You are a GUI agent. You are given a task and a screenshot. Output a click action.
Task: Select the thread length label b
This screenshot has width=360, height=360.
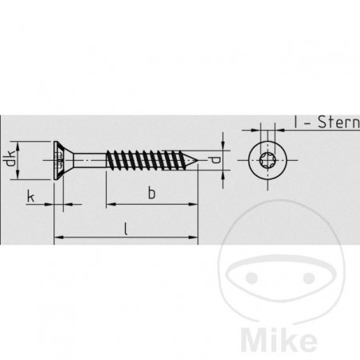[151, 192]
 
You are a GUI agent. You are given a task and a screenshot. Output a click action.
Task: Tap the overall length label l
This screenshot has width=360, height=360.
[127, 228]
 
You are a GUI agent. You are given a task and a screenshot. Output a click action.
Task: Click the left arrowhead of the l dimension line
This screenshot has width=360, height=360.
[57, 237]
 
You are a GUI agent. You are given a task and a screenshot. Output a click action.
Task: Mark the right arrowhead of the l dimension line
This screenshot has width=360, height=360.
[194, 237]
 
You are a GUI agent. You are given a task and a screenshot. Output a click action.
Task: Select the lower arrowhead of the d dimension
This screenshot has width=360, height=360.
[225, 172]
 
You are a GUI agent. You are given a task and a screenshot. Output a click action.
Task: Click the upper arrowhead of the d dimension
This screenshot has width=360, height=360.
[225, 149]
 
